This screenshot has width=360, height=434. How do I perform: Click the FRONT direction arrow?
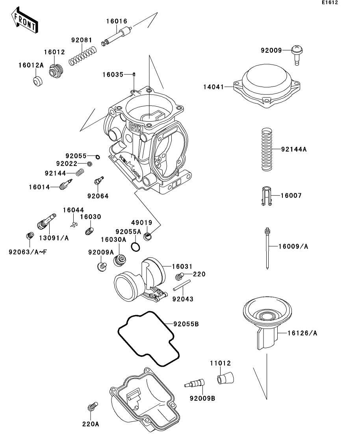click(x=24, y=21)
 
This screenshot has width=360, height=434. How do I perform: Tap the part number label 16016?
click(x=117, y=21)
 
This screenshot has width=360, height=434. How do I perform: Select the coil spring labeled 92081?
click(x=83, y=55)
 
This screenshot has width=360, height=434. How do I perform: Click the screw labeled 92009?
click(x=297, y=55)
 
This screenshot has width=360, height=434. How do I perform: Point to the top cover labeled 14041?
click(x=266, y=86)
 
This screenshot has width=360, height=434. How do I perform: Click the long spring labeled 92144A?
click(x=267, y=150)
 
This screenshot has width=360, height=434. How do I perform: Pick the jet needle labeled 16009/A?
click(x=267, y=248)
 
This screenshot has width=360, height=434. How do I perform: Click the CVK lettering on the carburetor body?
click(x=136, y=128)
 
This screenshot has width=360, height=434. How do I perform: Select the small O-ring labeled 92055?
click(x=98, y=157)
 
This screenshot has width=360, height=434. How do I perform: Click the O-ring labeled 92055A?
click(x=135, y=247)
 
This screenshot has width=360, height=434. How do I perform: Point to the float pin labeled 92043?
click(x=182, y=285)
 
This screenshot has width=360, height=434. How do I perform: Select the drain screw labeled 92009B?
click(x=195, y=383)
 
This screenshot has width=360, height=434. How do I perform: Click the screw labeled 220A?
click(x=93, y=406)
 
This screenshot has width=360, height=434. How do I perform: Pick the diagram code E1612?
click(x=330, y=2)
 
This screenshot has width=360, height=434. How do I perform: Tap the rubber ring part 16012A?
click(x=38, y=80)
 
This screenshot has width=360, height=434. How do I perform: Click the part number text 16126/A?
click(x=302, y=333)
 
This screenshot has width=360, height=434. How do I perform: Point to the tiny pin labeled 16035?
click(x=134, y=74)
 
